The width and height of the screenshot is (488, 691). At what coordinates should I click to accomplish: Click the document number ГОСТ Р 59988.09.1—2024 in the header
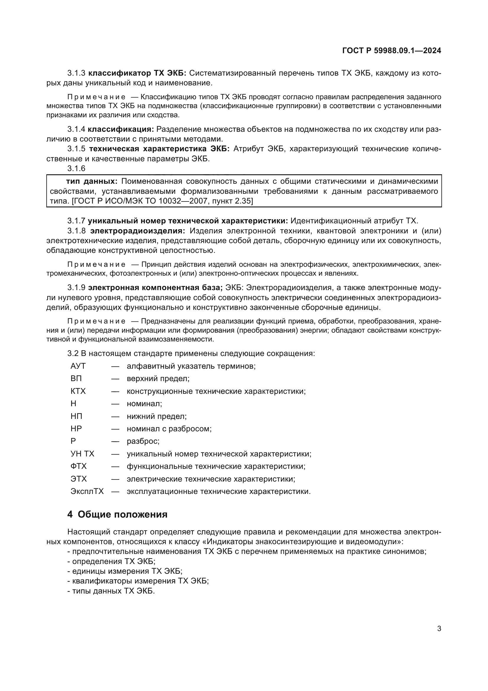[x=392, y=51]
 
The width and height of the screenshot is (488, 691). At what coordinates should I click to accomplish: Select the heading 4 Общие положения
[x=117, y=514]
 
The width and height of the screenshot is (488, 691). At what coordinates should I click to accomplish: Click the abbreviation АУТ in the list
[x=78, y=366]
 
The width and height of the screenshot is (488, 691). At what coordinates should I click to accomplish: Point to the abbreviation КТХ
[x=78, y=391]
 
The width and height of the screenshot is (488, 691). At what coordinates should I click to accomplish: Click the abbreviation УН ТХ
[x=82, y=453]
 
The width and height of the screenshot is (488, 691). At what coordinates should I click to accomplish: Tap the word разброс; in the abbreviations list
[x=143, y=441]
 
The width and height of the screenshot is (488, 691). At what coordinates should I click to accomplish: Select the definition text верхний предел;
[x=158, y=378]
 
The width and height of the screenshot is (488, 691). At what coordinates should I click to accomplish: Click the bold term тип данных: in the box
[x=92, y=181]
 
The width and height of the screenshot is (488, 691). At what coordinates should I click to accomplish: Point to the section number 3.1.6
[x=76, y=168]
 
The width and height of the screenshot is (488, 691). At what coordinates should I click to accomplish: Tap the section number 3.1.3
[x=76, y=73]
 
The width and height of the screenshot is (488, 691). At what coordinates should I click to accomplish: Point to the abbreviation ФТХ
[x=78, y=466]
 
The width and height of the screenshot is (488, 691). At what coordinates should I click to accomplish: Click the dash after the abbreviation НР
[x=115, y=429]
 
